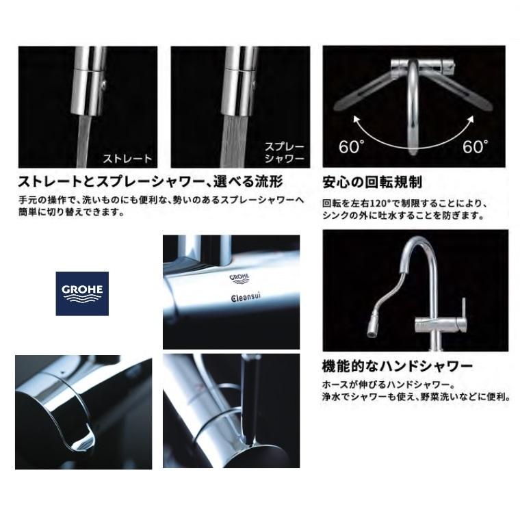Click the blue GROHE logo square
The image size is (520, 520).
pos(82,292)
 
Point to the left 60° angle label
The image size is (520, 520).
pos(351,146)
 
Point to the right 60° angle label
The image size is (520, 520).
pos(475,146)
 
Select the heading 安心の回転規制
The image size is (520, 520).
pos(372,183)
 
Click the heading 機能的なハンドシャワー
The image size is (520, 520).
pos(398,367)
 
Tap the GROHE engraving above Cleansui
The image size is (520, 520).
pos(238,278)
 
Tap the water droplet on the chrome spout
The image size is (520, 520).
pos(83,439)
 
